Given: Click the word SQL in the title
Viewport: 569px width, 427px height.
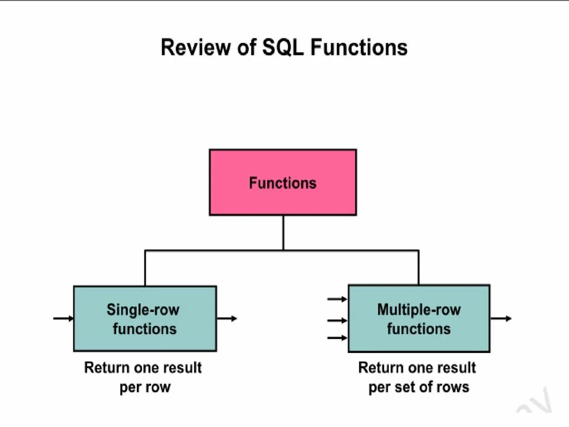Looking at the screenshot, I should (284, 48).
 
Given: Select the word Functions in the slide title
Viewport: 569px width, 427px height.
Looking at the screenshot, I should (359, 48).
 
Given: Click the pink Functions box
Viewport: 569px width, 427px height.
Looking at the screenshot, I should (282, 182).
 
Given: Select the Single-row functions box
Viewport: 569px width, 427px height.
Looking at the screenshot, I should (144, 319).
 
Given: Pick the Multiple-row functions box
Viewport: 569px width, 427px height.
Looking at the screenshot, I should (418, 319).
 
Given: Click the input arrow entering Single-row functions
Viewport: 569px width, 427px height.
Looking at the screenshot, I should (63, 319).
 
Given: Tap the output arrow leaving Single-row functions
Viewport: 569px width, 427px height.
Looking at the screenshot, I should (227, 319).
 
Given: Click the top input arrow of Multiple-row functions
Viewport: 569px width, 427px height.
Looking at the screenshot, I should (337, 299).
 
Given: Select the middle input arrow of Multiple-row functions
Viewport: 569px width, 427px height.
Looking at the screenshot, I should (337, 320).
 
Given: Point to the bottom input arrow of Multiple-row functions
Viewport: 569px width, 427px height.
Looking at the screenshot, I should (337, 337).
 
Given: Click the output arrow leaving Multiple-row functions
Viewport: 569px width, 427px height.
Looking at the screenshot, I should (501, 319).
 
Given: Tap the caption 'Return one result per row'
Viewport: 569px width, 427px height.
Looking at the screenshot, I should (143, 377).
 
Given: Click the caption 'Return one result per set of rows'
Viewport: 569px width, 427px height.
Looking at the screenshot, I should (417, 377).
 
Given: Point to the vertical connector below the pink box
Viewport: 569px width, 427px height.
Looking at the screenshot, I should (283, 232).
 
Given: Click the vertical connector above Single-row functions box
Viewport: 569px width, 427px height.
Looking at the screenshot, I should (145, 268).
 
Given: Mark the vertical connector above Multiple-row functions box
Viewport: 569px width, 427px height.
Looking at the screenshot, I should (418, 268).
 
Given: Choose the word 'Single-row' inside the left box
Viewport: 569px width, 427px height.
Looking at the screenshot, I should (143, 310).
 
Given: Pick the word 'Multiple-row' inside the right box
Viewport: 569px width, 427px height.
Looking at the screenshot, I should (419, 310).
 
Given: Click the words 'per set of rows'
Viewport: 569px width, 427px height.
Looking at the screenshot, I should (418, 387).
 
